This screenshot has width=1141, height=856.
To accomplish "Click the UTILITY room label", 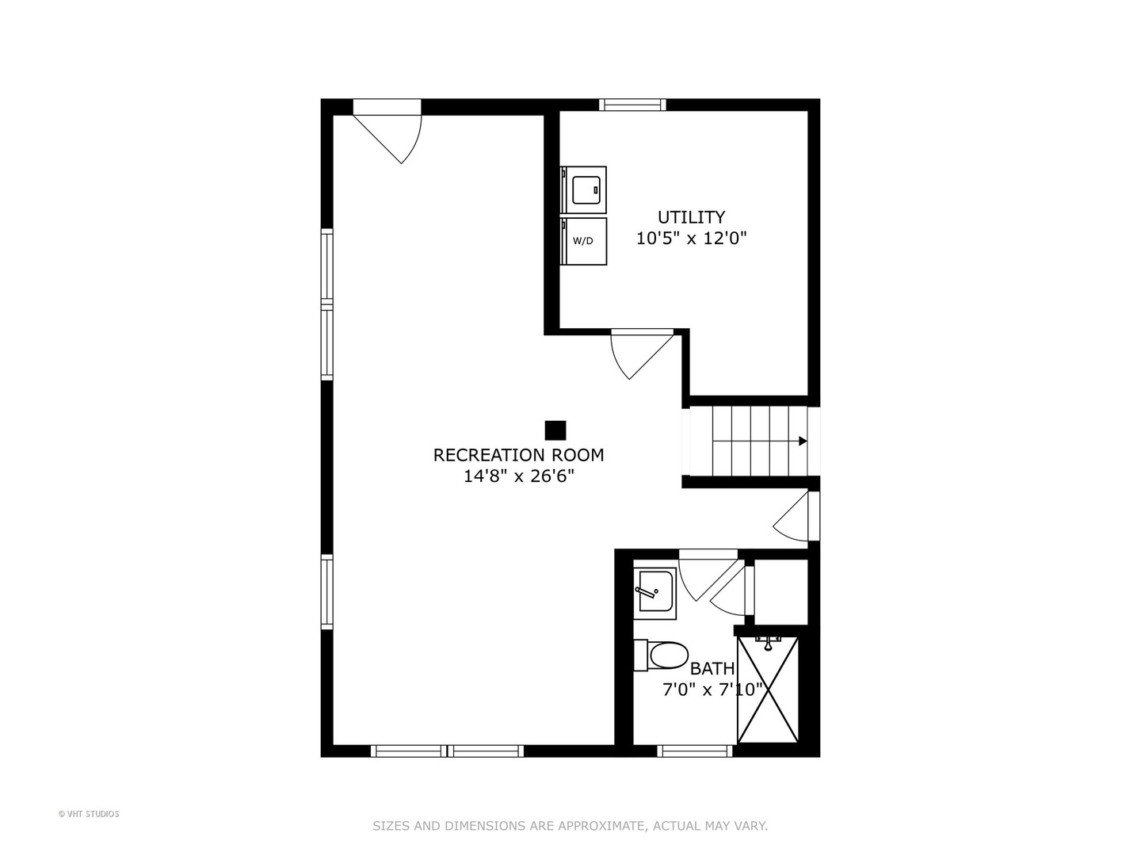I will tap(691, 217).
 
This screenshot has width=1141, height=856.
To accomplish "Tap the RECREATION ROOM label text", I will tap(518, 455).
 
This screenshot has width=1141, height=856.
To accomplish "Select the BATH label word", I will tap(712, 669).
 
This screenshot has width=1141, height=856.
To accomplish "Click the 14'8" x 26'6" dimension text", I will tap(518, 476).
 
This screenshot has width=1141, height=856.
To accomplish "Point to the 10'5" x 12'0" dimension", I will tap(692, 239).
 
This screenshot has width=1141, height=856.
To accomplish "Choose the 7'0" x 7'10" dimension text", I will tap(712, 690).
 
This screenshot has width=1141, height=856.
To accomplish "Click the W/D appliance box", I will tap(584, 241).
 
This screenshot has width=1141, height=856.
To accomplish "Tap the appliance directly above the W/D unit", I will tap(584, 189).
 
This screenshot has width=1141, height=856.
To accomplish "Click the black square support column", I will tap(555, 430).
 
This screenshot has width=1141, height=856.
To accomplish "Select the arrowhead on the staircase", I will tap(803, 441).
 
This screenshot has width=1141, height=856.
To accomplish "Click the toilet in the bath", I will tap(664, 655).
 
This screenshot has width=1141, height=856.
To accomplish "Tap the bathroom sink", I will tap(655, 592).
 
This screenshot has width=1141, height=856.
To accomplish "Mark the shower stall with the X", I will tap(768, 689).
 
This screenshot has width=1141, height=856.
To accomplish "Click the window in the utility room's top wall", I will tap(632, 105).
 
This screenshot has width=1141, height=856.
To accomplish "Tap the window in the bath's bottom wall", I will tap(695, 751).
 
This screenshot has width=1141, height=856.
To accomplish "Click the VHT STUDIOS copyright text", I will tap(89, 814).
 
